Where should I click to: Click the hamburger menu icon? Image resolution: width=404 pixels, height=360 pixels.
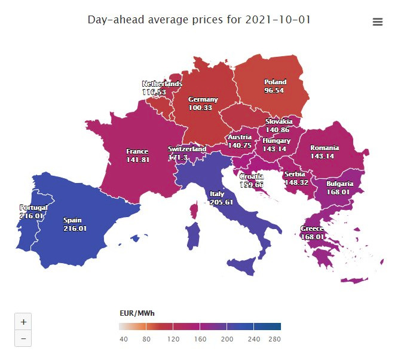coord(377,22)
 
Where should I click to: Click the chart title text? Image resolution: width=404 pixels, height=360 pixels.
coord(199,20)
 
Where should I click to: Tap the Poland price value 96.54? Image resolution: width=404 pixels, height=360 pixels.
coord(274,90)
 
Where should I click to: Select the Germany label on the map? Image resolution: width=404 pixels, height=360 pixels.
coord(203,99)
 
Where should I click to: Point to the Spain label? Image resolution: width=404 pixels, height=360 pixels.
coord(75,219)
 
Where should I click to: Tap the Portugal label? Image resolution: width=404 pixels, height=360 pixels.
coord(32,208)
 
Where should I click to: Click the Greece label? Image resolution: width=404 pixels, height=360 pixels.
coord(312,229)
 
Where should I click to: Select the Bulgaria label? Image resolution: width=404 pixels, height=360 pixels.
coord(339,184)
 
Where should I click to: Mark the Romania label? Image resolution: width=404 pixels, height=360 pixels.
coord(324,148)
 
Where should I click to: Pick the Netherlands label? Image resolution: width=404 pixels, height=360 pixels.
coord(162,84)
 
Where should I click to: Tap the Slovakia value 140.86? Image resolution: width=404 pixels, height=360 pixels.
coord(277,129)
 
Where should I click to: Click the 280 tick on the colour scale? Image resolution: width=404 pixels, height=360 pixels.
coord(275,339)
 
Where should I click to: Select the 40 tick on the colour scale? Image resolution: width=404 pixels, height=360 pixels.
coord(124,339)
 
